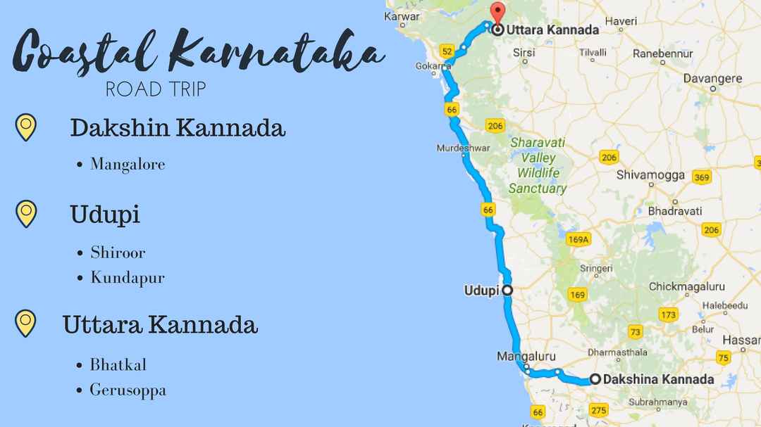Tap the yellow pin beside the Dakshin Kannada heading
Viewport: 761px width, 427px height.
coord(25,127)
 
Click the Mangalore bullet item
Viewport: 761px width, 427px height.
coord(127,165)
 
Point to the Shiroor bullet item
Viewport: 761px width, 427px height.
coord(118,252)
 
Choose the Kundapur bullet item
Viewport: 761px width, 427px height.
coord(127,277)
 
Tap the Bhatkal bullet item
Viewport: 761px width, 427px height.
coord(118,365)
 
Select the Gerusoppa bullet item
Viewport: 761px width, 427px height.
coord(128,390)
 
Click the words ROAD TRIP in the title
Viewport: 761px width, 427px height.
coord(155,89)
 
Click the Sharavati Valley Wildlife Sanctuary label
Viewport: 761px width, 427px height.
coord(538,165)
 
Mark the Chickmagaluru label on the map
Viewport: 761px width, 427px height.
coord(686,286)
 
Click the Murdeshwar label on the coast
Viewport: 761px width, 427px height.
coord(462,148)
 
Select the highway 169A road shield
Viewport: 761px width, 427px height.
coord(578,239)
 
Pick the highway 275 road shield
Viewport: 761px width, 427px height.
coord(600,410)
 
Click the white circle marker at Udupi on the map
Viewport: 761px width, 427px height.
coord(506,289)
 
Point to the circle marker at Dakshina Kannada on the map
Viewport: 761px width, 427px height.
coord(595,379)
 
